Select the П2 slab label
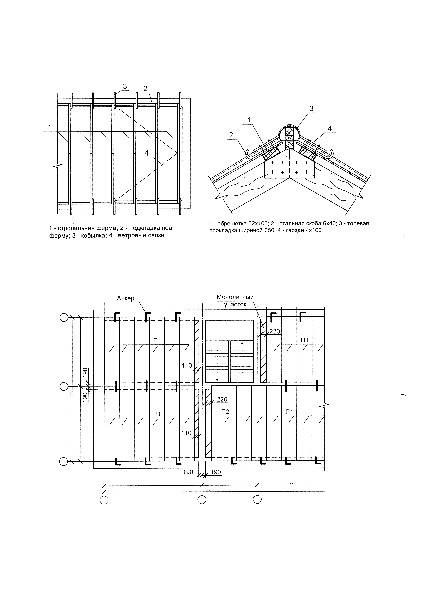point(225,412)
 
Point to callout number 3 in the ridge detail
point(311,109)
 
